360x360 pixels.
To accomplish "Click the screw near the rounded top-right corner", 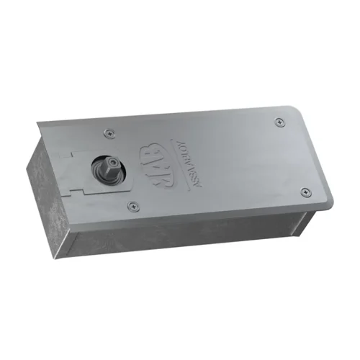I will [x=279, y=122].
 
